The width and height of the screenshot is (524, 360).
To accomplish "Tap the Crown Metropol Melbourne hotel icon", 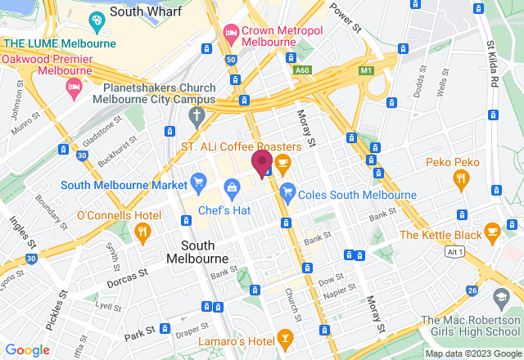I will coord(231,34).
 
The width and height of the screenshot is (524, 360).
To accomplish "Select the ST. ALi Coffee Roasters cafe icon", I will coord(283,164).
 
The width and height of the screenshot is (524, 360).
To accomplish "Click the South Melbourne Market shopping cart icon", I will coord(197,181).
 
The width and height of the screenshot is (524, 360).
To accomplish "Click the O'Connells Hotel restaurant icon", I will coord(142,233).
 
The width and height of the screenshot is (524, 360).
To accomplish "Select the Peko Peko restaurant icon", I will coord(461,180).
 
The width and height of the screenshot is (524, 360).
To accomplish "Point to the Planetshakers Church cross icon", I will coord(194,115).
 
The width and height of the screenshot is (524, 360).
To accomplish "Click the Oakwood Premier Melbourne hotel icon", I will coord(75,86).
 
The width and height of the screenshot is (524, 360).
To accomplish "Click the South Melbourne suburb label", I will coord(197,251).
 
